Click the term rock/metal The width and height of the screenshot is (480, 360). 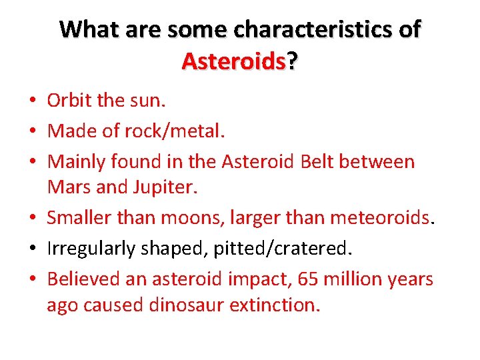pyautogui.click(x=175, y=131)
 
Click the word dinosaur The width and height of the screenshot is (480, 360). pyautogui.click(x=182, y=305)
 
